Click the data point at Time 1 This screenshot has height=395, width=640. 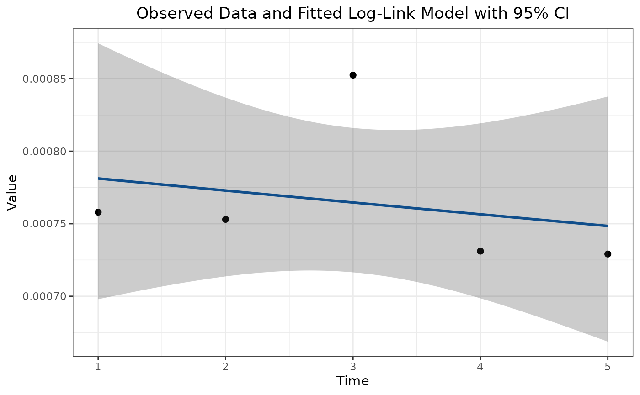[x=98, y=212]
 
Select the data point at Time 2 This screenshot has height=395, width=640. [x=225, y=219]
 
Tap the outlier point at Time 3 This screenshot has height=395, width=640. [x=353, y=75]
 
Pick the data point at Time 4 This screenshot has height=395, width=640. [x=480, y=251]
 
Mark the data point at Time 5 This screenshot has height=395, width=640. [x=608, y=254]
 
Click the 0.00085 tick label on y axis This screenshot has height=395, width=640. [x=44, y=79]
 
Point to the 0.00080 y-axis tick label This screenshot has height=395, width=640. [x=44, y=151]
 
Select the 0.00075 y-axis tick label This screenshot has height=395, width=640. [x=44, y=224]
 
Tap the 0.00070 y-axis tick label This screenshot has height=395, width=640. [x=44, y=296]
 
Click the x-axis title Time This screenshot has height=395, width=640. [x=352, y=381]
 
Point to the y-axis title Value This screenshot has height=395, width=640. [x=12, y=192]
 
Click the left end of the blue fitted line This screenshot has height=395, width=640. [x=99, y=179]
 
